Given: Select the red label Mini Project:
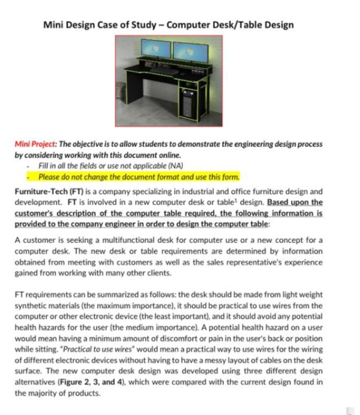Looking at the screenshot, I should pyautogui.click(x=36, y=145).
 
